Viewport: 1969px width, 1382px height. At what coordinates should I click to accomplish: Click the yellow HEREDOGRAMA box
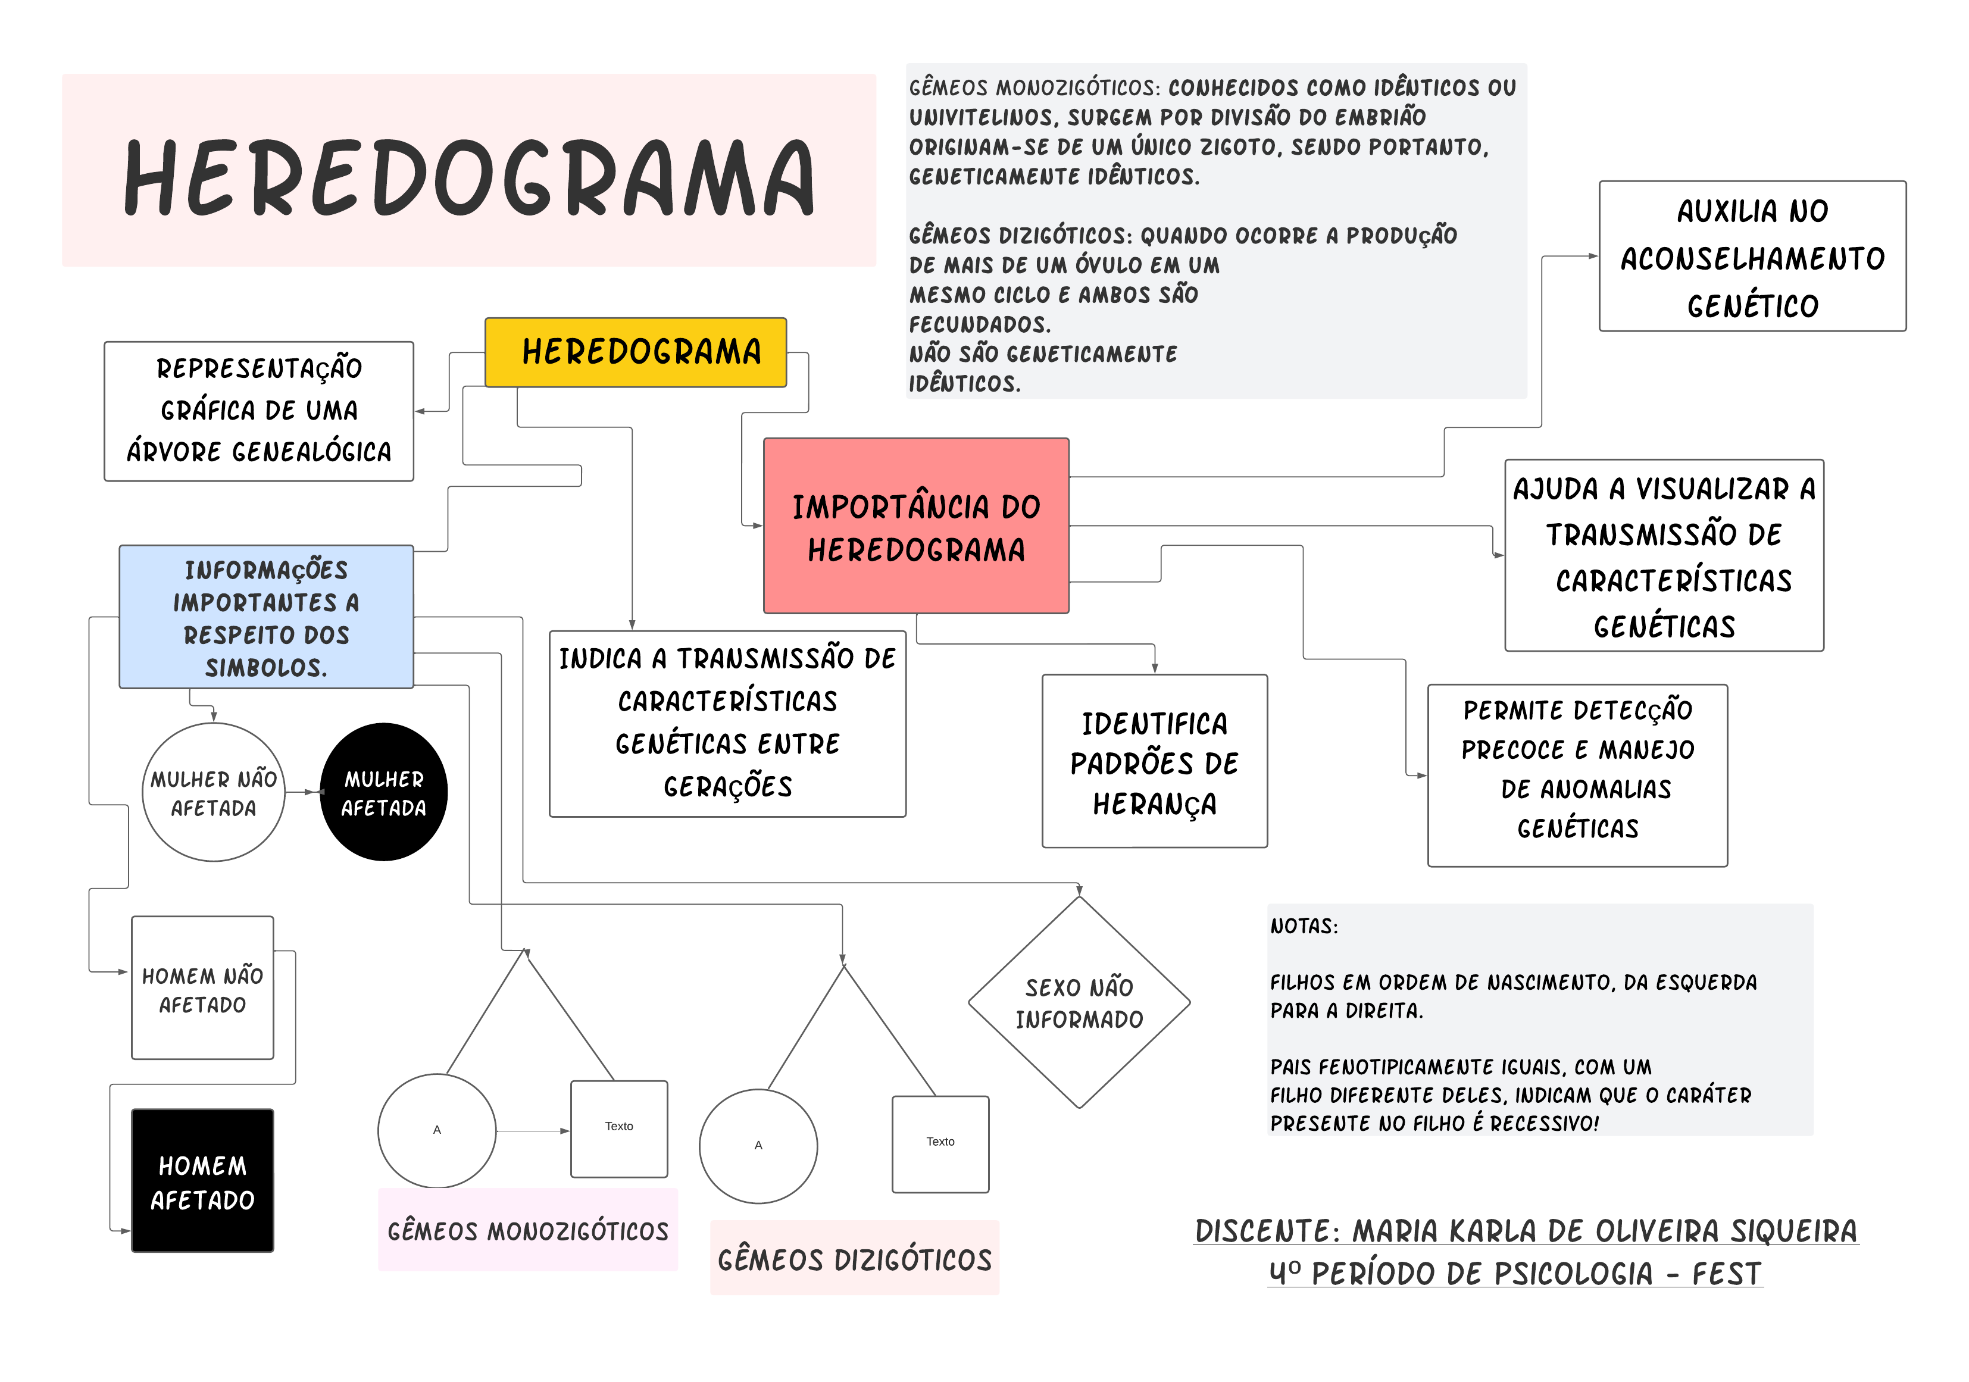coord(636,352)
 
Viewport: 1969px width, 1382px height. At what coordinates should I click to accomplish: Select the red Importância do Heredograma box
coord(916,526)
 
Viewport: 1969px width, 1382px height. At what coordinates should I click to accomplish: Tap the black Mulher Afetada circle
coord(383,792)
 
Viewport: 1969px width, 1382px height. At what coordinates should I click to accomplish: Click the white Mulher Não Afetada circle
coord(214,792)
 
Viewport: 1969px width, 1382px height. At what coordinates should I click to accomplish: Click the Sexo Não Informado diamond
coord(1079,1002)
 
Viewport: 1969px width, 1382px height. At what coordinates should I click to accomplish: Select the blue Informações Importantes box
coord(266,617)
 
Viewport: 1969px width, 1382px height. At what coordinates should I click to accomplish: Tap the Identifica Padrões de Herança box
coord(1154,761)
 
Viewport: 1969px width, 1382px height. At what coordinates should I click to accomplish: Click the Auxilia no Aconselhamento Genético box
coord(1752,257)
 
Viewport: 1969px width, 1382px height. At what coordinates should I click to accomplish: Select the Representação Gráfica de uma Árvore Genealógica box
coord(259,411)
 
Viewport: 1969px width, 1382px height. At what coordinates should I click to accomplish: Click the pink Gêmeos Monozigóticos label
coord(527,1230)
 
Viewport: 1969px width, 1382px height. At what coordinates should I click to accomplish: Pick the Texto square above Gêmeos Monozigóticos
coord(619,1128)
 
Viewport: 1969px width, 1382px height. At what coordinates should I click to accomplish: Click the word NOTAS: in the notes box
coord(1304,927)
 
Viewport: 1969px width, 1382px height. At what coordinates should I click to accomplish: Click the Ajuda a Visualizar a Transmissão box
coord(1664,555)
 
